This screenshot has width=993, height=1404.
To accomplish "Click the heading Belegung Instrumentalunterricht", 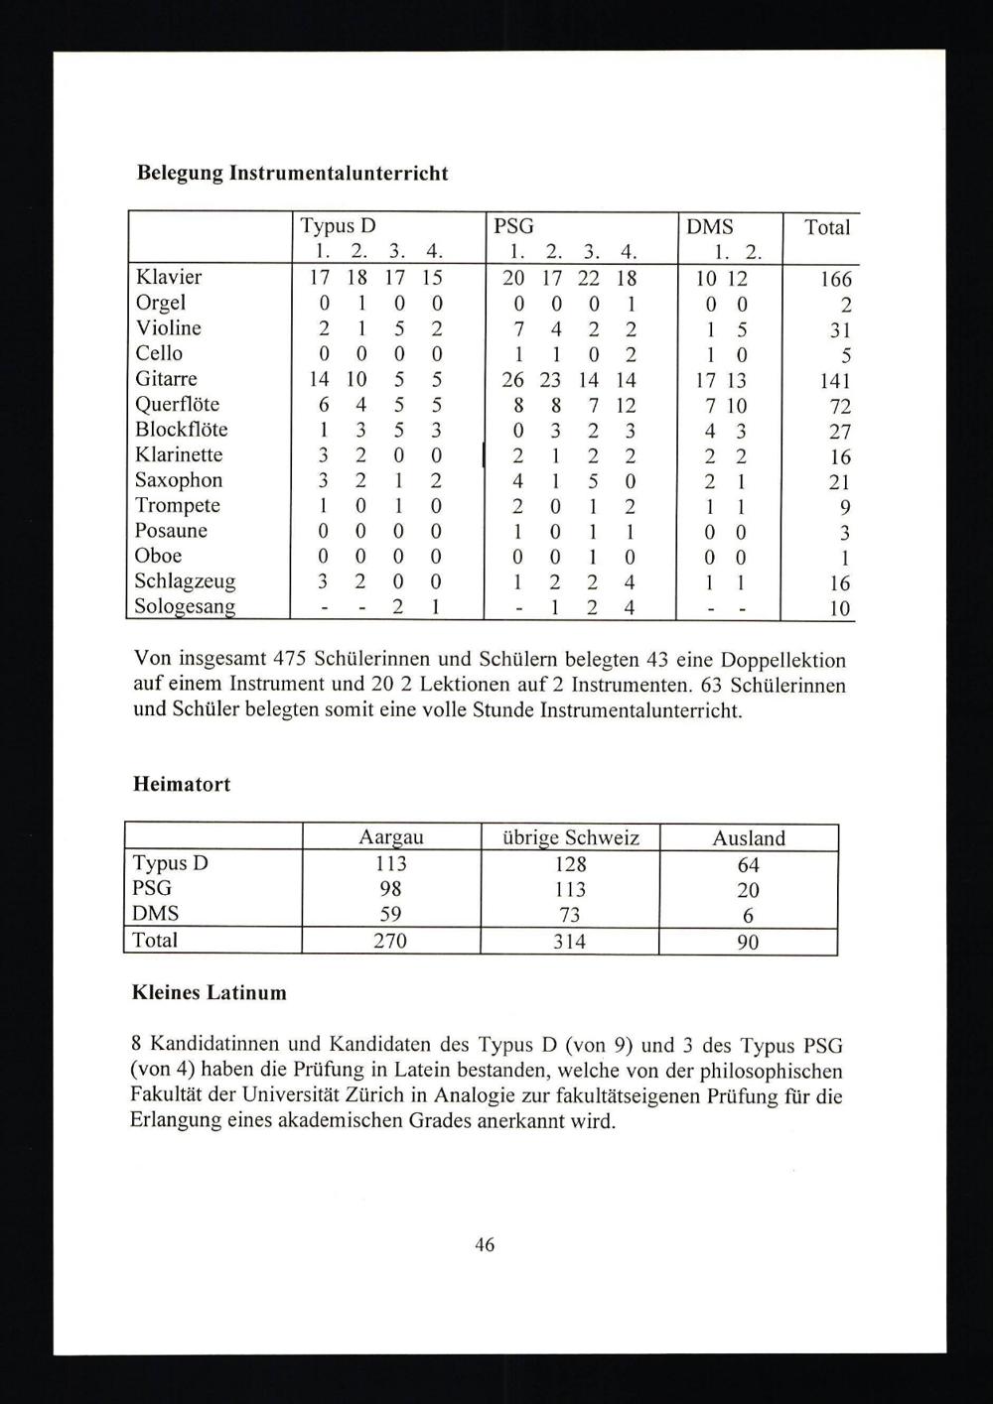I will (292, 174).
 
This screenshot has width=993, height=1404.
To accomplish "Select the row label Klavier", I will (169, 277).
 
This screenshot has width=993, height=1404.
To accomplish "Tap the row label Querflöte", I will (178, 404).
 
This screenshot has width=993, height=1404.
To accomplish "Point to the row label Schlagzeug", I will (186, 580).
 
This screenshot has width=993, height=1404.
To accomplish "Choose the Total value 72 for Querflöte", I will (840, 407).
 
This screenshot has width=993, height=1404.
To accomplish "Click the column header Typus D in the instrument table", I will (338, 226).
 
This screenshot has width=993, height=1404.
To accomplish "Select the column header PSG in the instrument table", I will (513, 226).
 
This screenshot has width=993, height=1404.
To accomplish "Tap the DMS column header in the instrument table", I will (710, 226).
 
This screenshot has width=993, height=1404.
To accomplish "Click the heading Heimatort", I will (182, 784).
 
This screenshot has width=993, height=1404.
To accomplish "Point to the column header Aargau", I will (391, 838).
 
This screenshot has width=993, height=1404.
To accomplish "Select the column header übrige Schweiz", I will (570, 838).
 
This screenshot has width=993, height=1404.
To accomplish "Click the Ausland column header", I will (749, 838).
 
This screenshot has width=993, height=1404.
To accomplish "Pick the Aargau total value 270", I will (390, 941).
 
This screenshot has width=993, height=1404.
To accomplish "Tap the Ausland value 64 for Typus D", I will (749, 865).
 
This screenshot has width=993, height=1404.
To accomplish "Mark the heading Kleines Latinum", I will (210, 992).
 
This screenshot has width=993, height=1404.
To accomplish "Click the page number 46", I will (485, 1244).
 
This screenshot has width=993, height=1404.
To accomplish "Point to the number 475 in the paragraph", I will (287, 660).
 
